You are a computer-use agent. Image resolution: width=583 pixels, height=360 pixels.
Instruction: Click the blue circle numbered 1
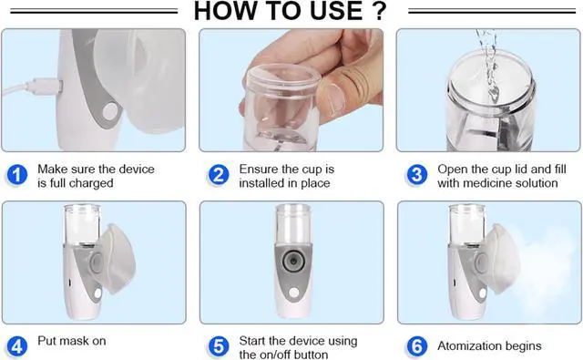point(17,175)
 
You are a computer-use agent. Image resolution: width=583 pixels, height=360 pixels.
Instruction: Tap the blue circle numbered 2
point(219,175)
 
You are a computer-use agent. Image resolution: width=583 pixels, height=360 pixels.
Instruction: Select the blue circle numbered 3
point(417,175)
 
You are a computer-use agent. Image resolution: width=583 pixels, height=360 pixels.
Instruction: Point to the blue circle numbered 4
point(17,346)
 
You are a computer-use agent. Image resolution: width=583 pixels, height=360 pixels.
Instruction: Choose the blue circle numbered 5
point(219,346)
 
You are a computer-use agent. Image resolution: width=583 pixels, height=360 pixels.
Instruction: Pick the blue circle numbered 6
point(417,346)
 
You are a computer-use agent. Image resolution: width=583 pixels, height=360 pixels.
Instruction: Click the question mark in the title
point(379,10)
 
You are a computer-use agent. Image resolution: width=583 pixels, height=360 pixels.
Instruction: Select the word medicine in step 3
point(488,183)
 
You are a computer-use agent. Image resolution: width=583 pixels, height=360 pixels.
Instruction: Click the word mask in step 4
point(72,341)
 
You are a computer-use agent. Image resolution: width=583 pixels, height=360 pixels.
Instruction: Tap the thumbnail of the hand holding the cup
point(291,90)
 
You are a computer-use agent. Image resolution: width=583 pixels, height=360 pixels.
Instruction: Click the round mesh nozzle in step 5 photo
point(293,261)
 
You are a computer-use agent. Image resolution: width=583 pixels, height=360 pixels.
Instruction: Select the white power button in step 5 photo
point(294,293)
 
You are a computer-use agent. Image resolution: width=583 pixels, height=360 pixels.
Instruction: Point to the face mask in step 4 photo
point(118,259)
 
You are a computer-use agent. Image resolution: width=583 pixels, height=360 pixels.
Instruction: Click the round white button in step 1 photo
point(111,111)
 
